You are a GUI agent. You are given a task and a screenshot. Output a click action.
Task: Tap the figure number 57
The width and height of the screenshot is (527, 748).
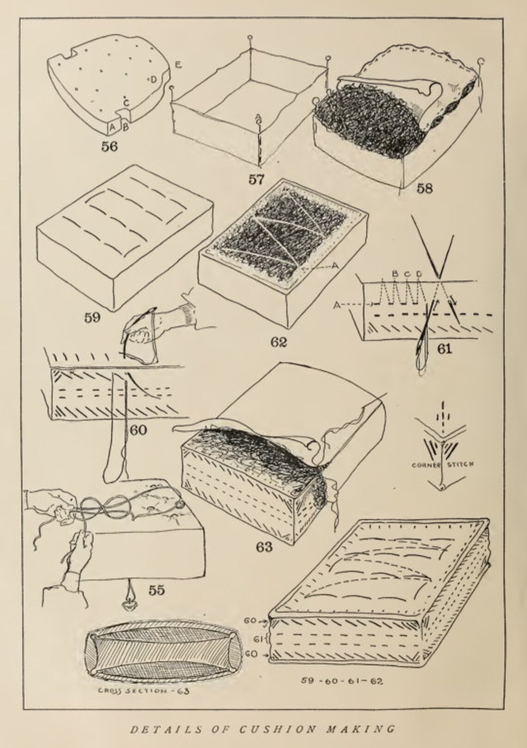(257, 179)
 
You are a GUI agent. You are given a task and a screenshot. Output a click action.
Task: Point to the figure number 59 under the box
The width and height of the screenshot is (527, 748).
(92, 318)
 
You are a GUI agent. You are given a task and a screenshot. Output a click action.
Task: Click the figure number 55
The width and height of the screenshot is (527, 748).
(156, 590)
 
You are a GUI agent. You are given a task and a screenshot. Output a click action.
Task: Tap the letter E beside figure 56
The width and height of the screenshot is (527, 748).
(178, 65)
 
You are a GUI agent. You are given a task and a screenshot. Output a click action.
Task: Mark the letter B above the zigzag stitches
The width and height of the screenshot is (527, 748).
(395, 273)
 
